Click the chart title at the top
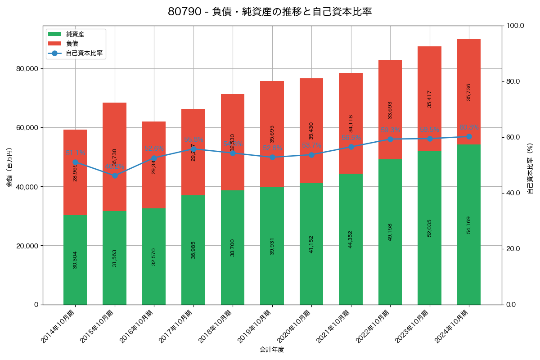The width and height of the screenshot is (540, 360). [270, 12]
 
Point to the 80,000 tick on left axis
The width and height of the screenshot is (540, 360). [26, 69]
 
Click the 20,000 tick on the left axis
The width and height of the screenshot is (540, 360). [26, 246]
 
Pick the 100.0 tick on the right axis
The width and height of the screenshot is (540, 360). [515, 26]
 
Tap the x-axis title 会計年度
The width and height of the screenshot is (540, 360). [272, 350]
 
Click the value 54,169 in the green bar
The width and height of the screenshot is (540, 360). [469, 225]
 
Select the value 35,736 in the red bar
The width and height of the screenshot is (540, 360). [469, 92]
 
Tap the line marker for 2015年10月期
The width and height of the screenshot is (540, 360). [115, 175]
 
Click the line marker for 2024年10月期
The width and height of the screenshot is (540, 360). [469, 136]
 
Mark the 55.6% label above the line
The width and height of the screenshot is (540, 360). [193, 140]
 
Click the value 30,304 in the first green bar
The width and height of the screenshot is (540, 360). [75, 260]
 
